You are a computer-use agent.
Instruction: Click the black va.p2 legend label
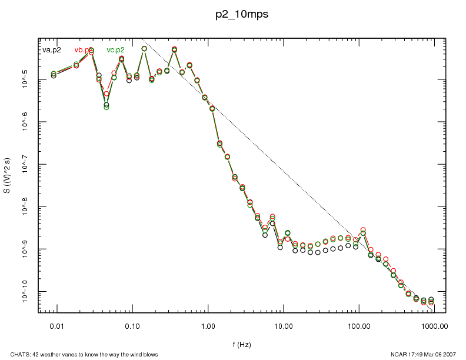point(52,50)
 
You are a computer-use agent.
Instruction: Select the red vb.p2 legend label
point(84,50)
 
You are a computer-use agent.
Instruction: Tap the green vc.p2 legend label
point(115,50)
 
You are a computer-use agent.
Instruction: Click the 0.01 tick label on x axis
point(56,325)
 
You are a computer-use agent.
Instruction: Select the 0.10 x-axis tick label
point(132,325)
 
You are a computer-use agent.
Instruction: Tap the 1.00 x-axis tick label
point(208,325)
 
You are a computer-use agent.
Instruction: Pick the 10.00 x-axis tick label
point(283,325)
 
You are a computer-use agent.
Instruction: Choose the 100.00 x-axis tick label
point(358,325)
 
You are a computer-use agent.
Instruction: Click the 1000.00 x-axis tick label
point(434,325)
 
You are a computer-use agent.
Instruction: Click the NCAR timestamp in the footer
point(420,354)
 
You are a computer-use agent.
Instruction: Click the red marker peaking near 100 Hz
point(363,230)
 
